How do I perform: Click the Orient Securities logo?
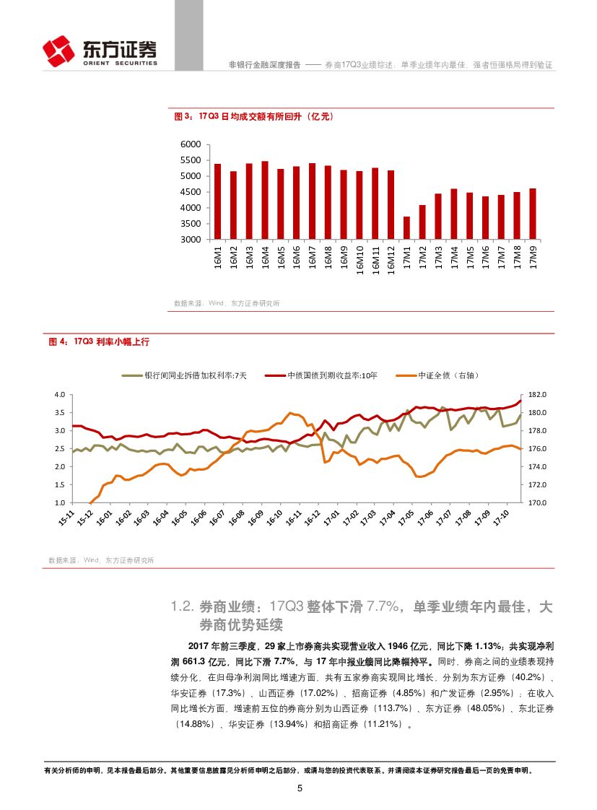(x=100, y=51)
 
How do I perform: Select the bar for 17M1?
(x=406, y=227)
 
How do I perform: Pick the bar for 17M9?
(x=533, y=214)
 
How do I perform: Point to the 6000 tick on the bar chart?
(x=191, y=144)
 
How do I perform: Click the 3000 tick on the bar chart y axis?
(x=191, y=239)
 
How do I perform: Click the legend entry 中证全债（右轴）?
(x=450, y=375)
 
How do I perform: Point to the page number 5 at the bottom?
(x=299, y=788)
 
